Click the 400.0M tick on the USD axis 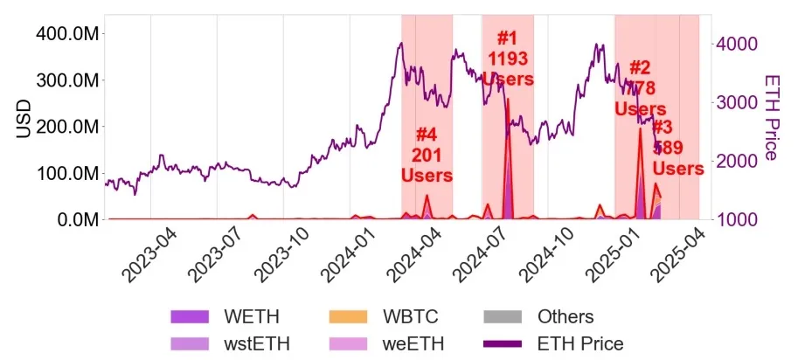click(x=66, y=33)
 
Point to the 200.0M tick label click(x=66, y=127)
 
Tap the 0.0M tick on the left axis click(x=73, y=219)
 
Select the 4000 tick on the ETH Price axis click(x=736, y=44)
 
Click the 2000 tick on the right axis click(x=736, y=161)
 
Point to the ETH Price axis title click(x=772, y=117)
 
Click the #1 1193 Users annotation click(x=507, y=58)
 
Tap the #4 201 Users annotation click(x=426, y=155)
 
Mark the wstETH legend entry click(x=236, y=343)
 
